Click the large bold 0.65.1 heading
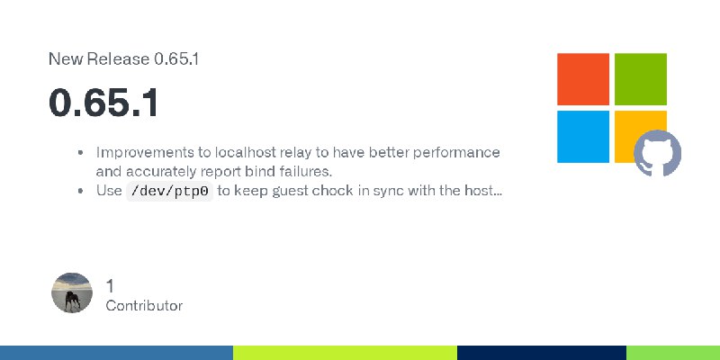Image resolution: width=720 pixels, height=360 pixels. click(103, 103)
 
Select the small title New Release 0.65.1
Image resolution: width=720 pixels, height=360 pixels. click(123, 59)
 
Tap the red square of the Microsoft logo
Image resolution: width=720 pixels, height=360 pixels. click(583, 79)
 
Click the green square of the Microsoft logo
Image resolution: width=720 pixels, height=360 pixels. click(641, 79)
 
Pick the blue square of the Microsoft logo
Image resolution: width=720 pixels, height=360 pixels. click(583, 137)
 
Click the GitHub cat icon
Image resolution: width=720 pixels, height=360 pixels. click(658, 153)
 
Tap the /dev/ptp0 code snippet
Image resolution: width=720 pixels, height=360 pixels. click(170, 191)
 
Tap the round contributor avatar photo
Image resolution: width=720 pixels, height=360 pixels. click(72, 292)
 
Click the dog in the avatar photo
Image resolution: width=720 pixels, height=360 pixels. click(72, 301)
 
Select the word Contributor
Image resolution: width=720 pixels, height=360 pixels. click(144, 306)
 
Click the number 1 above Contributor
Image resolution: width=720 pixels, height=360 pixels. click(110, 286)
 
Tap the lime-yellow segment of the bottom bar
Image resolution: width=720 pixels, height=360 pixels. click(345, 353)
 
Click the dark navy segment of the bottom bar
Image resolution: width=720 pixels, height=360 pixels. click(542, 353)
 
